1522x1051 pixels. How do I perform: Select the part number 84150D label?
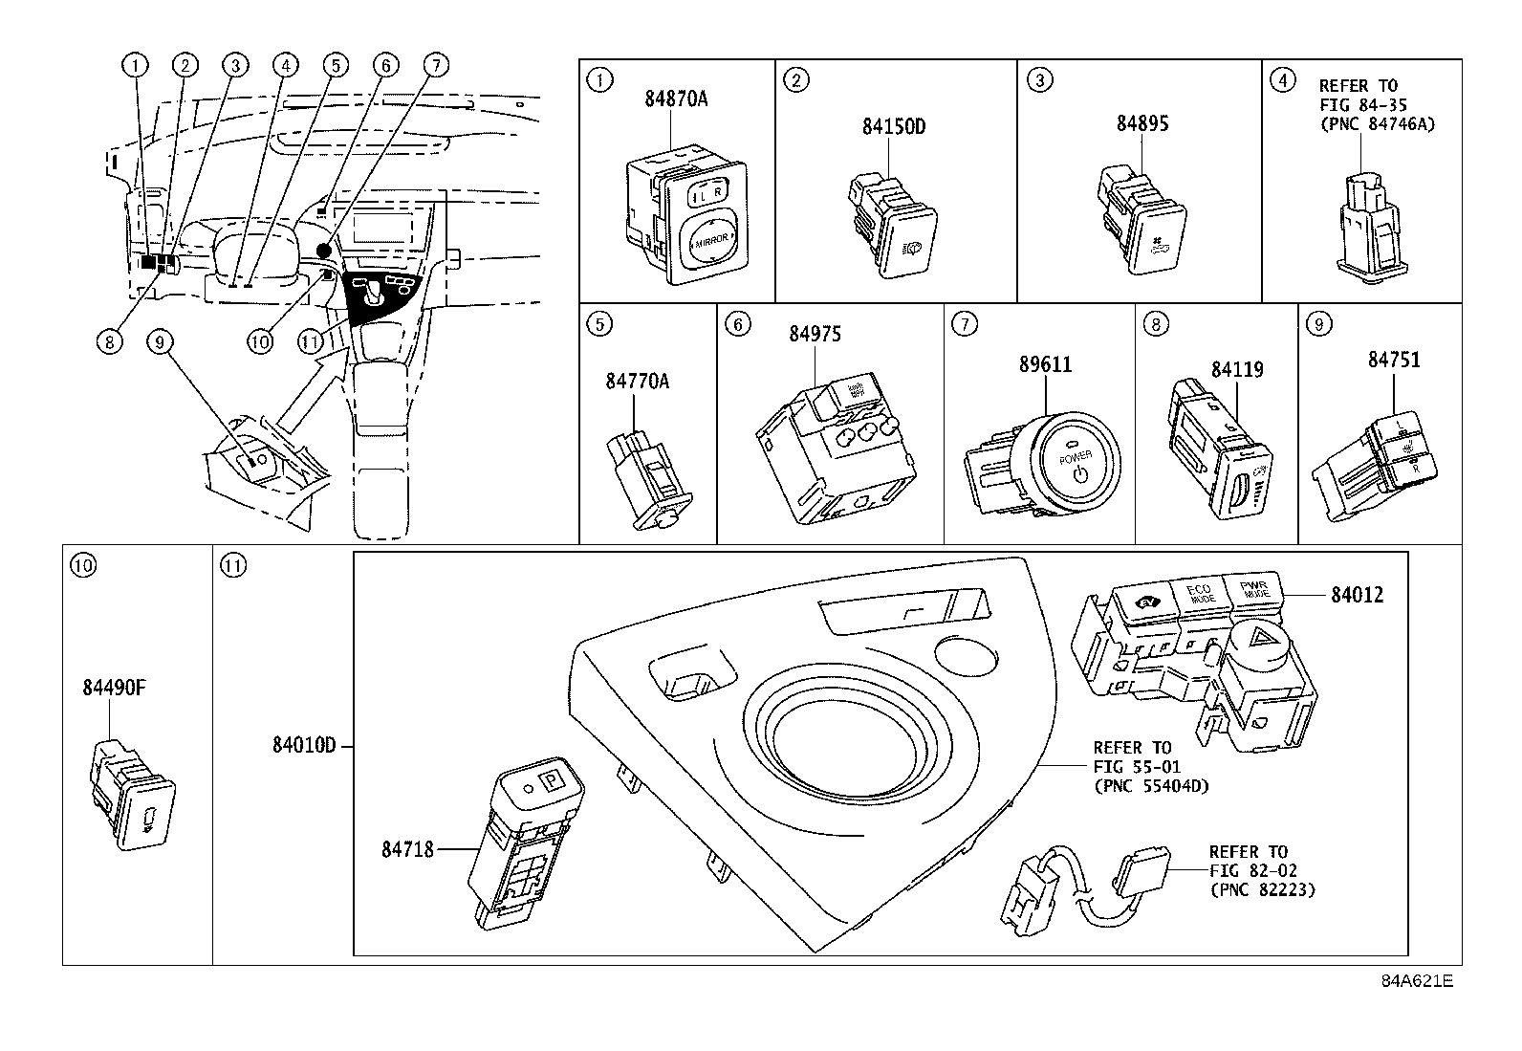(893, 127)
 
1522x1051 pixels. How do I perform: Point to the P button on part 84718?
(552, 780)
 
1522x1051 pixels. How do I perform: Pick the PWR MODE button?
(1254, 588)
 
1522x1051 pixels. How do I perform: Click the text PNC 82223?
(1262, 889)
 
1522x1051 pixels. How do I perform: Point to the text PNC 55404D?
(1152, 786)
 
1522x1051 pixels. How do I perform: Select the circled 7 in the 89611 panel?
(964, 325)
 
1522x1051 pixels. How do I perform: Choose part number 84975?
(815, 334)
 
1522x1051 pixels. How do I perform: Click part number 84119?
(1237, 369)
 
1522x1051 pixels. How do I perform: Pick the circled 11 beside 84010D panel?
(233, 565)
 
